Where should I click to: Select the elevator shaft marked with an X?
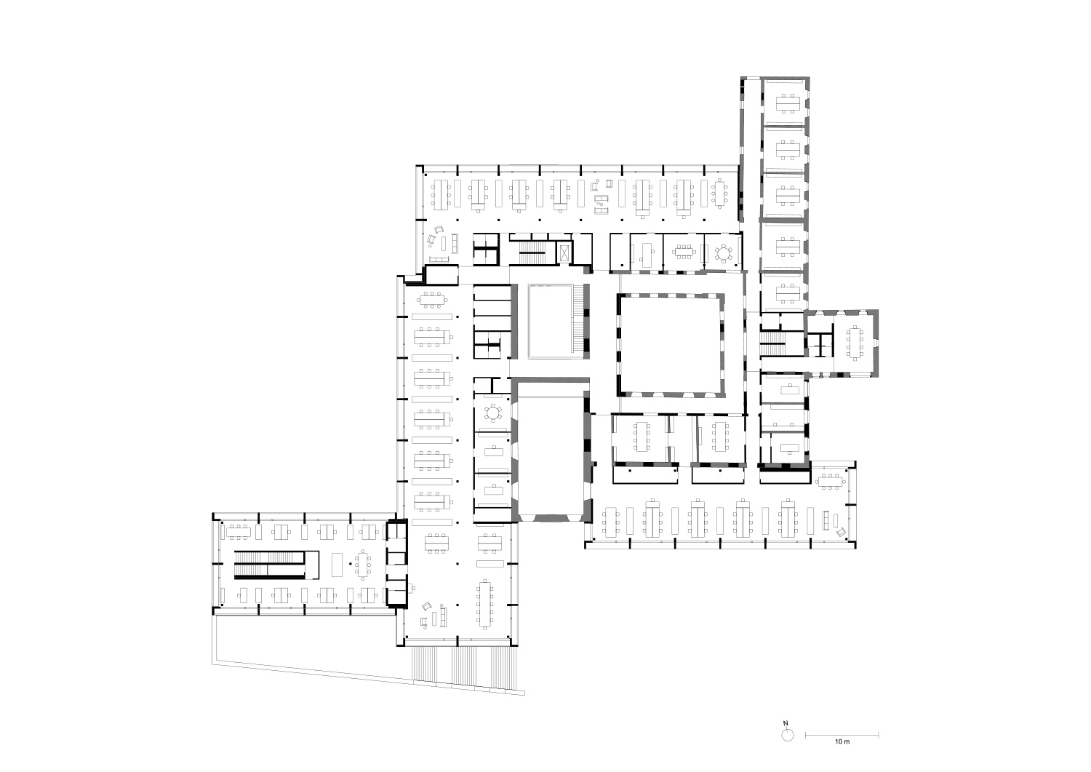tap(564, 253)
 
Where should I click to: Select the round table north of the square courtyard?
tap(723, 253)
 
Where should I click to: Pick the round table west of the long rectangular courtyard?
tap(493, 413)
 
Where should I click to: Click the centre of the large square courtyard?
tap(671, 345)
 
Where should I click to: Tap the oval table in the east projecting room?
tap(855, 343)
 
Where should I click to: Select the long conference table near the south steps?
tap(484, 604)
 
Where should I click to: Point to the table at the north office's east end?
tap(719, 194)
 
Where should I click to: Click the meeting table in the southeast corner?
tap(831, 482)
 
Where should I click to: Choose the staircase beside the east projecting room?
tap(773, 343)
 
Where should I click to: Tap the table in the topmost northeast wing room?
tap(788, 103)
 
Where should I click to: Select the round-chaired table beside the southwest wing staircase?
tap(362, 565)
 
